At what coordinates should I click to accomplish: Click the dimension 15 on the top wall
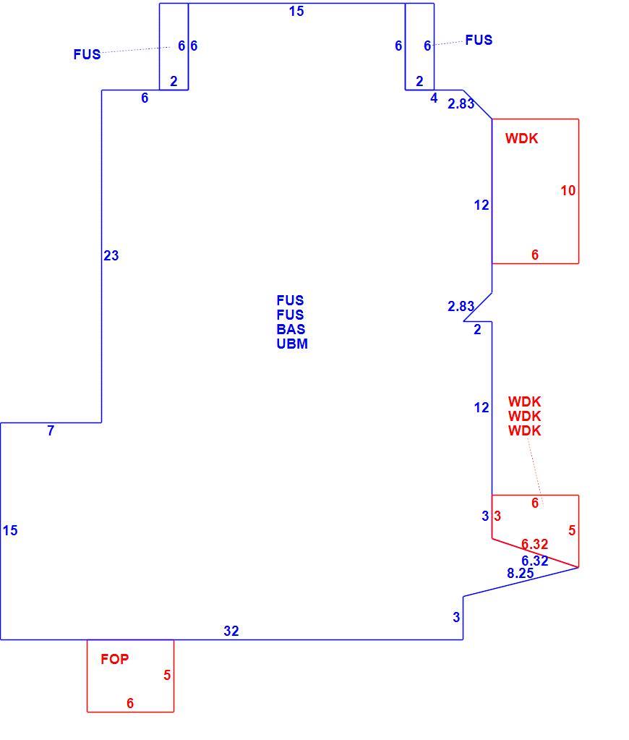296,12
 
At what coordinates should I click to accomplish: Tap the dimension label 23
111,255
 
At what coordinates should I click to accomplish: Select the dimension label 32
231,631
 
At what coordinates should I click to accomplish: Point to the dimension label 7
51,430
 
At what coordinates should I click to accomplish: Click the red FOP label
115,659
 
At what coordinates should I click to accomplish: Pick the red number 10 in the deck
568,190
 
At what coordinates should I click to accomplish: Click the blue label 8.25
521,573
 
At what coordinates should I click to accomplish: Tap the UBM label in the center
292,344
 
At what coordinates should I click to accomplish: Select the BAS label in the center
291,329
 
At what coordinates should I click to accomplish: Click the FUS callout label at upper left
87,54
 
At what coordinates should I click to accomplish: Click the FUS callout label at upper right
479,40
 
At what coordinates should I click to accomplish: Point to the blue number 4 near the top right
434,98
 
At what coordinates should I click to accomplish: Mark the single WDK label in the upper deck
521,138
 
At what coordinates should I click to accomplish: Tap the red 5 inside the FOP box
167,675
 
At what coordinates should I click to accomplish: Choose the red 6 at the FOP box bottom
130,703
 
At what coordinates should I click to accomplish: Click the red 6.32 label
534,544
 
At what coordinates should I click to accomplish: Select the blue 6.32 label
534,561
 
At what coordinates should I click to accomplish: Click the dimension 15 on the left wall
10,530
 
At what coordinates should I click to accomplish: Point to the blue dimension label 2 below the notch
477,329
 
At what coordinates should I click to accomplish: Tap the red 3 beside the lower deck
497,516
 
